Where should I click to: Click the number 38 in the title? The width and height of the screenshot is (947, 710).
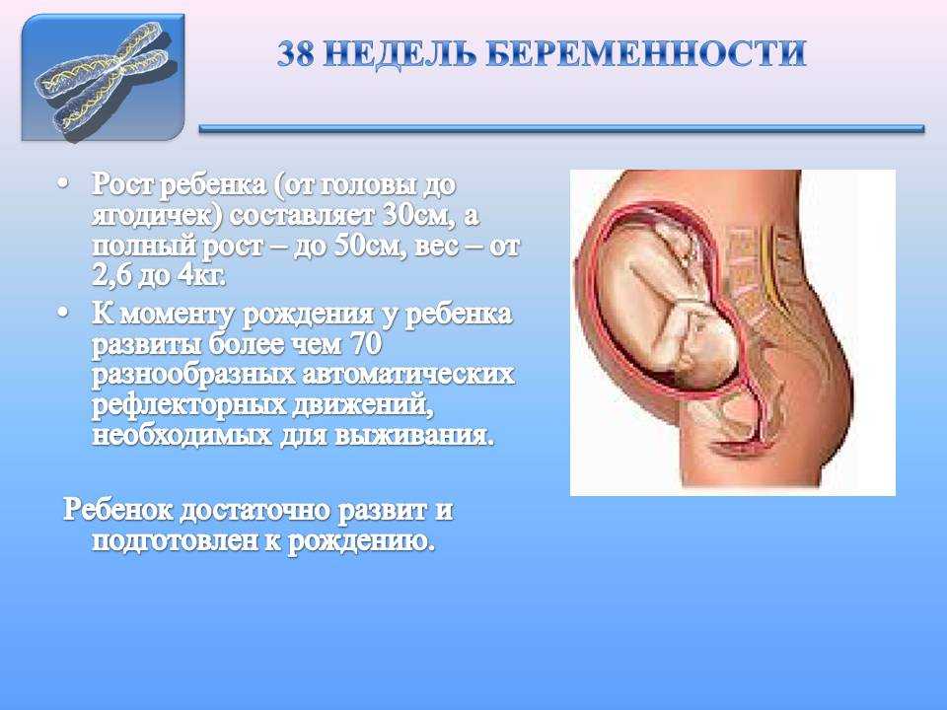(x=296, y=53)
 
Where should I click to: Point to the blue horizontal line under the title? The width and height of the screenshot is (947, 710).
(x=561, y=128)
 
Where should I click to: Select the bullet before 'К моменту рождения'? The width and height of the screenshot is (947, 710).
(x=63, y=313)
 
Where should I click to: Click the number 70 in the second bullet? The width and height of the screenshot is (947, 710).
(x=365, y=345)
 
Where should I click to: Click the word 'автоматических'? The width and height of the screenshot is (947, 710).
(x=408, y=375)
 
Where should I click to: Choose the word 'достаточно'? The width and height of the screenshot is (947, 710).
(x=255, y=511)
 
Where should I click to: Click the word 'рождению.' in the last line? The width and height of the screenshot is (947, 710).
(x=361, y=541)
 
